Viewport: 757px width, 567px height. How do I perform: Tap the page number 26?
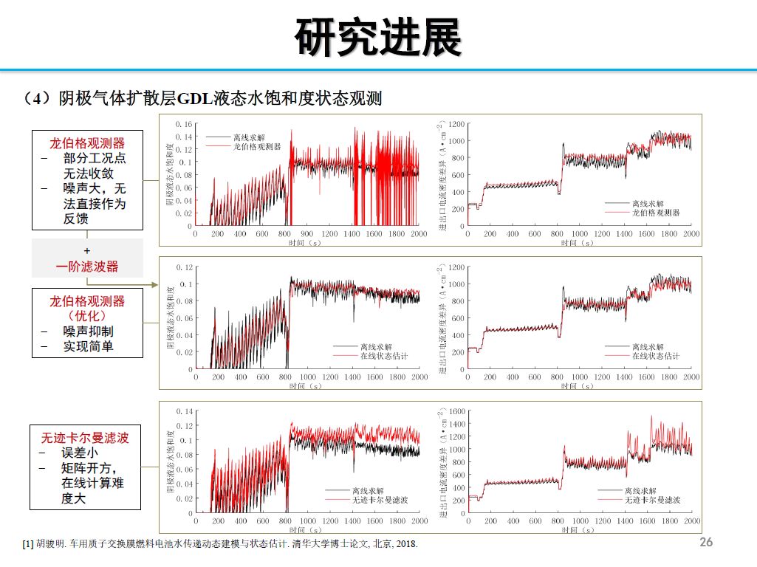pyautogui.click(x=706, y=542)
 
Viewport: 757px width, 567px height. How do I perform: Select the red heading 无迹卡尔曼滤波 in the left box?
pyautogui.click(x=85, y=438)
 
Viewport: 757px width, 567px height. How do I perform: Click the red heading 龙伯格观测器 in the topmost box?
pyautogui.click(x=87, y=142)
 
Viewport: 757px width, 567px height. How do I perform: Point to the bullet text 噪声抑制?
pyautogui.click(x=88, y=331)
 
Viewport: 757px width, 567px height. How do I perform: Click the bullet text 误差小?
pyautogui.click(x=79, y=453)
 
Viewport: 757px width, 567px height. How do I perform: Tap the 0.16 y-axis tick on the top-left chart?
pyautogui.click(x=184, y=124)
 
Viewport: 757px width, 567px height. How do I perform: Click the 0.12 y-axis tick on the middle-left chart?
pyautogui.click(x=184, y=267)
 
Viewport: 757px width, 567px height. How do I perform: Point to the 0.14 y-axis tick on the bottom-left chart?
pyautogui.click(x=184, y=411)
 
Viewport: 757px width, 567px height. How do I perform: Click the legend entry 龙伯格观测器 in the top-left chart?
pyautogui.click(x=257, y=147)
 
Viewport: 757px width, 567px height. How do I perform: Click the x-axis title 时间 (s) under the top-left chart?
pyautogui.click(x=305, y=241)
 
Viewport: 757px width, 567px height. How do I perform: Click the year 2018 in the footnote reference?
pyautogui.click(x=405, y=545)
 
